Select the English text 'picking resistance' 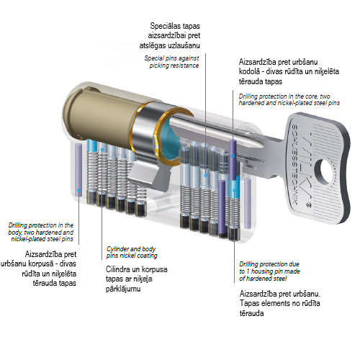(x=174, y=66)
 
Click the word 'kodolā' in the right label (x=250, y=71)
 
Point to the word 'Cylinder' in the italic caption (x=118, y=249)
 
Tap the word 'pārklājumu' (x=123, y=289)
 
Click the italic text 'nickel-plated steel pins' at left (x=42, y=239)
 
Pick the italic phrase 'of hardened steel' (x=263, y=279)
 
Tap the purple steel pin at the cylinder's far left (x=78, y=170)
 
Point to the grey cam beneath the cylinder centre (x=161, y=177)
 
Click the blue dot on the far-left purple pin (x=78, y=190)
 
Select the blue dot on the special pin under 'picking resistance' (x=206, y=176)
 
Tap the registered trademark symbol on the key (x=309, y=205)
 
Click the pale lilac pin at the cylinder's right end (x=248, y=203)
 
